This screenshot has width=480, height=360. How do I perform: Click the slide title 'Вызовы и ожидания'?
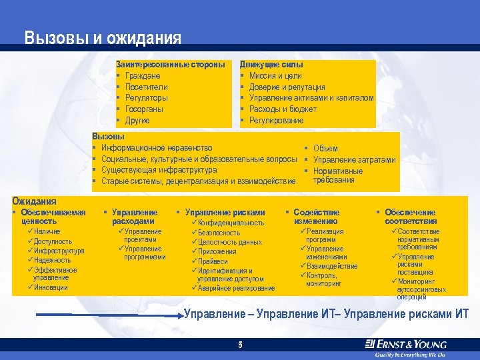(103, 39)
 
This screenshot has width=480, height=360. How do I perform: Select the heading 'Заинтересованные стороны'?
(170, 65)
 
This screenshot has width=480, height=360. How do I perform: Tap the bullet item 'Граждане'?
(142, 76)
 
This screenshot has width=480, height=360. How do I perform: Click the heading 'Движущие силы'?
(271, 65)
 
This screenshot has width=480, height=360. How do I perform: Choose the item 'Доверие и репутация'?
(287, 87)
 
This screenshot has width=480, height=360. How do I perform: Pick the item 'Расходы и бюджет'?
(283, 109)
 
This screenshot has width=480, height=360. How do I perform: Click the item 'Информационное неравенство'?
(157, 147)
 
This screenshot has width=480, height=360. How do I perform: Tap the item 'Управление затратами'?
(354, 159)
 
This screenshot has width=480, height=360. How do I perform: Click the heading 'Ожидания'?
(34, 201)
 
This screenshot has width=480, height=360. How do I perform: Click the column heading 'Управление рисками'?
(225, 213)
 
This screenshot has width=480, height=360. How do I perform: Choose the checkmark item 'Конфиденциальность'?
(231, 223)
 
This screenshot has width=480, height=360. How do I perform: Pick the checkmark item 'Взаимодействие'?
(331, 266)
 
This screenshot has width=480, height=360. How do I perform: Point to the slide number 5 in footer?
(240, 345)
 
